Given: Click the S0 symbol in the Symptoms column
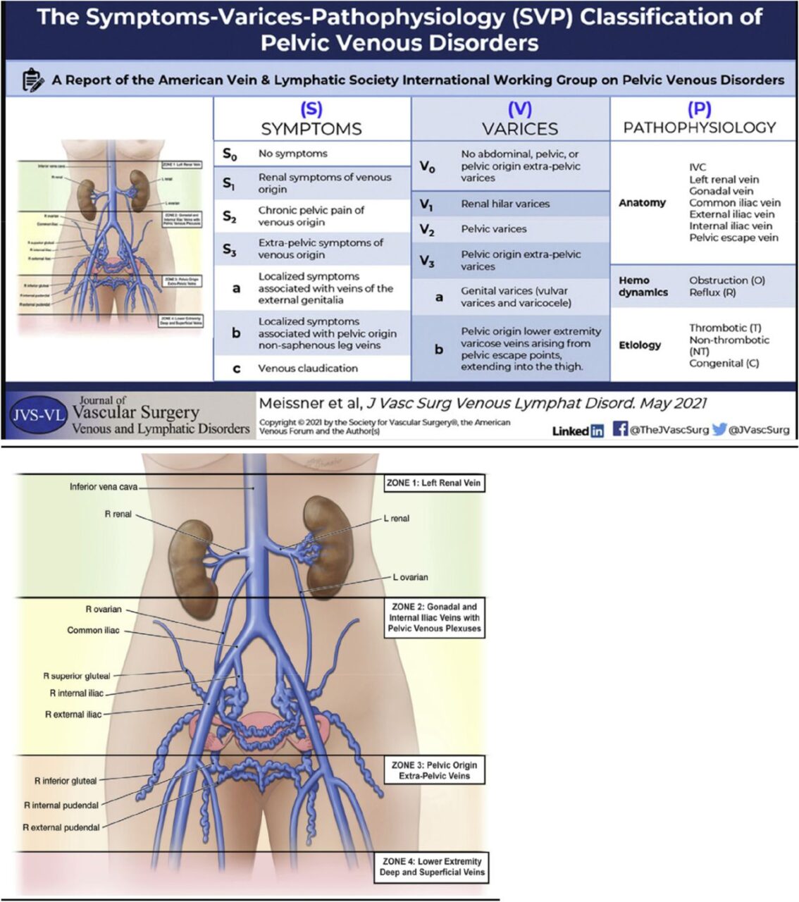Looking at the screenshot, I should (229, 154).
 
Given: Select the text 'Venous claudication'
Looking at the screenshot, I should (307, 368).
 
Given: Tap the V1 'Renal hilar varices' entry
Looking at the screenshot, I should (505, 204).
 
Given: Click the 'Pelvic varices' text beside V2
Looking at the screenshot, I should (493, 229).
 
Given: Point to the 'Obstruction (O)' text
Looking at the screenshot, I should (726, 280).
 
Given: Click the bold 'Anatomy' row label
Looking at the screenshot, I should (642, 203).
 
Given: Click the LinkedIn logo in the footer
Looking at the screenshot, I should (578, 431).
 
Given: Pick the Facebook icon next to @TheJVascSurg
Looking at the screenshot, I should (620, 428).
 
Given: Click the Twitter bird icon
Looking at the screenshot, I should (719, 428).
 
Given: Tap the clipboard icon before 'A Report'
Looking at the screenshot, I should (32, 80).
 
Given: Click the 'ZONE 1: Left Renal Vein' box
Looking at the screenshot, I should (433, 483).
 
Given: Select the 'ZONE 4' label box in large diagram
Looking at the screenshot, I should (432, 867).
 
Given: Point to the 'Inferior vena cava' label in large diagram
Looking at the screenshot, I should (103, 487).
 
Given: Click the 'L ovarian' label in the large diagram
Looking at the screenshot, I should (409, 577).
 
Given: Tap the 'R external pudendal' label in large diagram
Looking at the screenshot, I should (61, 827).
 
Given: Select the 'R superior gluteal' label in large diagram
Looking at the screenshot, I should (77, 676).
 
